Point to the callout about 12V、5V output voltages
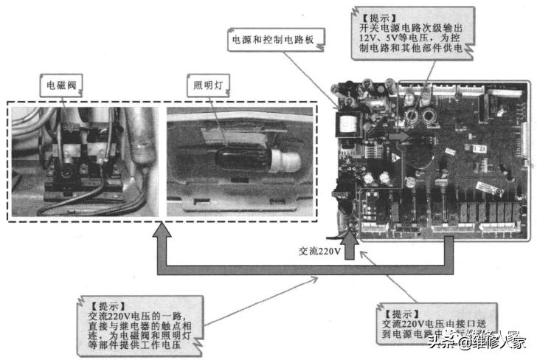point(410,34)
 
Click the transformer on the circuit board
point(350,122)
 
